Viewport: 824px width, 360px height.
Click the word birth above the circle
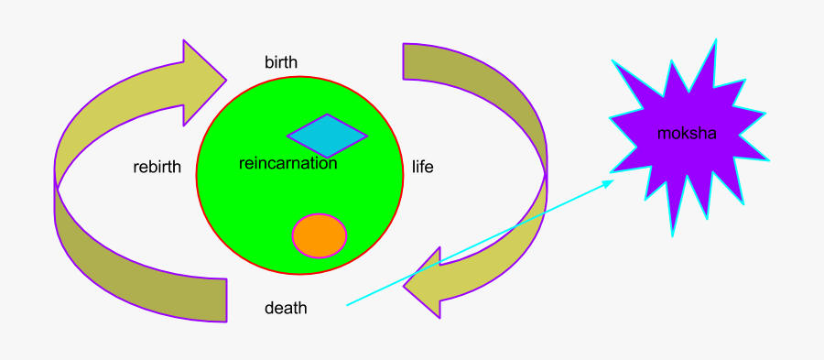pyautogui.click(x=281, y=62)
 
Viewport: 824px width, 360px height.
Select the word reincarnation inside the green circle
pyautogui.click(x=287, y=164)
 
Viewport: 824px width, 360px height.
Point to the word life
pyautogui.click(x=422, y=168)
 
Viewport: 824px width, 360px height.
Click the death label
pyautogui.click(x=286, y=309)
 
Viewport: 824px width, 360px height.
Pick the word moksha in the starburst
pyautogui.click(x=687, y=134)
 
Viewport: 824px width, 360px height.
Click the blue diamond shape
pyautogui.click(x=327, y=136)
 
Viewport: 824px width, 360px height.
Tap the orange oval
pyautogui.click(x=320, y=235)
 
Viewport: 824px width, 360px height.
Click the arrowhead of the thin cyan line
pyautogui.click(x=611, y=182)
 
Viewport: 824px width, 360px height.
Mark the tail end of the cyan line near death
pyautogui.click(x=347, y=304)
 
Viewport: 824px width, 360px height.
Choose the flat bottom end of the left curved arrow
pyautogui.click(x=225, y=300)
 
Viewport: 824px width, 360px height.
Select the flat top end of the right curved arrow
pyautogui.click(x=404, y=60)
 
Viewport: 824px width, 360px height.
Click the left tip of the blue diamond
pyautogui.click(x=288, y=137)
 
